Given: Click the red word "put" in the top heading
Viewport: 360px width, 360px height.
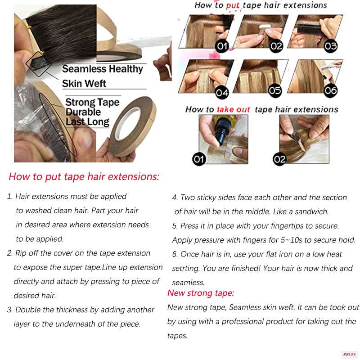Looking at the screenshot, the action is pyautogui.click(x=233, y=5).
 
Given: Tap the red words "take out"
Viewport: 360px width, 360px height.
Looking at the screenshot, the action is pyautogui.click(x=233, y=109).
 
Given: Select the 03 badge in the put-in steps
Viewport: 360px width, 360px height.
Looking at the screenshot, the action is pyautogui.click(x=330, y=46).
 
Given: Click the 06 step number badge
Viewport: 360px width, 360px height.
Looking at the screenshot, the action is pyautogui.click(x=330, y=91).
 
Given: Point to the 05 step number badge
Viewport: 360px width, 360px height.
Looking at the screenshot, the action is pyautogui.click(x=275, y=91).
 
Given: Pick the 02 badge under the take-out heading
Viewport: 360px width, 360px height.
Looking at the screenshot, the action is pyautogui.click(x=279, y=159).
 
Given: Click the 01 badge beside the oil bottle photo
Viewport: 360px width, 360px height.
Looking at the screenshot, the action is pyautogui.click(x=199, y=159).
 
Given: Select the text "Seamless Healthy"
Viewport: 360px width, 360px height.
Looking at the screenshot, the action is pyautogui.click(x=103, y=69).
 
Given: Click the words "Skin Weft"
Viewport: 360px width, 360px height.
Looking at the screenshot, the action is pyautogui.click(x=84, y=84).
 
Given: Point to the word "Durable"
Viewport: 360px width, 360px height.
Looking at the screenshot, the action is pyautogui.click(x=83, y=112).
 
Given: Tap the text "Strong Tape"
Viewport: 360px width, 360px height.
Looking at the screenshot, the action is pyautogui.click(x=92, y=103).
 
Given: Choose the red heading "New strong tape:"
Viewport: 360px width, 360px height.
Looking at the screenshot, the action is pyautogui.click(x=201, y=293).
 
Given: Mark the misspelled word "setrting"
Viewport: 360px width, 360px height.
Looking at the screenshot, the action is pyautogui.click(x=186, y=268).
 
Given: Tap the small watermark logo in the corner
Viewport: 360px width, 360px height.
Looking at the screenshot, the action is pyautogui.click(x=349, y=355).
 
